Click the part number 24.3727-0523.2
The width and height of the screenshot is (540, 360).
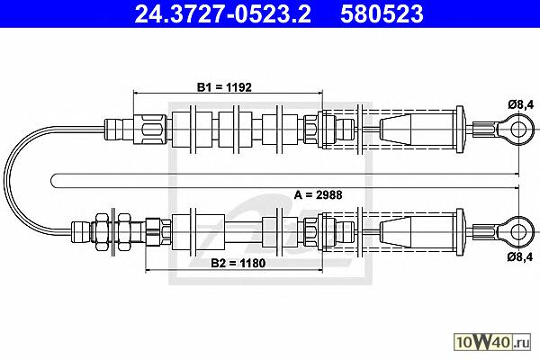(x=223, y=13)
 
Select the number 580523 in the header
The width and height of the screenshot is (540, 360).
(x=382, y=13)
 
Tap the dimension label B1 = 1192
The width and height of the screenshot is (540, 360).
(x=224, y=87)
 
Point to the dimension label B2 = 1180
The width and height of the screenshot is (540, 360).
(x=238, y=263)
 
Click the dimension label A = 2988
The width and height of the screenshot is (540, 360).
(x=319, y=195)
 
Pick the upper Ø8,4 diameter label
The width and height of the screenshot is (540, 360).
(x=521, y=104)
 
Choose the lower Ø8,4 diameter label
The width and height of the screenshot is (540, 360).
(x=520, y=256)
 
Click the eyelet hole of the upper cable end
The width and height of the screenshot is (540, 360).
(x=517, y=130)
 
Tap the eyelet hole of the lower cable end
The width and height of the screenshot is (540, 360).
(x=517, y=232)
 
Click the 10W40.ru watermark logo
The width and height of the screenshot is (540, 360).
(x=492, y=342)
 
